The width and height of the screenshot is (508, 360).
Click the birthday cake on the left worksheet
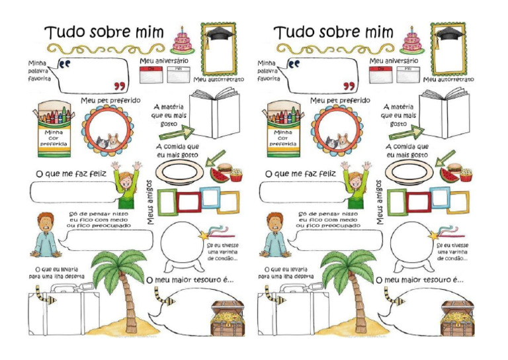pos(181,41)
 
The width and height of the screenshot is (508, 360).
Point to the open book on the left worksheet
pos(214,112)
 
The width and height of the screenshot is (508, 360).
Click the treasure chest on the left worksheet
pos(227,319)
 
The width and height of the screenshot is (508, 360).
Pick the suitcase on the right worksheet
pos(289,316)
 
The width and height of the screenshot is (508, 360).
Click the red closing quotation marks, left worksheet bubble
pos(120,86)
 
